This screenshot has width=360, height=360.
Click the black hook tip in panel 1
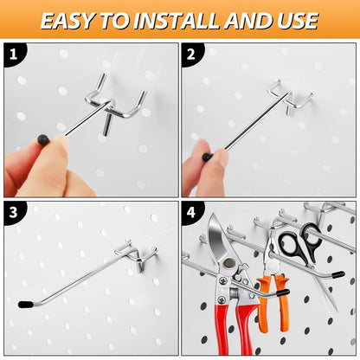click(x=42, y=138)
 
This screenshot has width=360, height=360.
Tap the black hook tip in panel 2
click(x=208, y=157)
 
